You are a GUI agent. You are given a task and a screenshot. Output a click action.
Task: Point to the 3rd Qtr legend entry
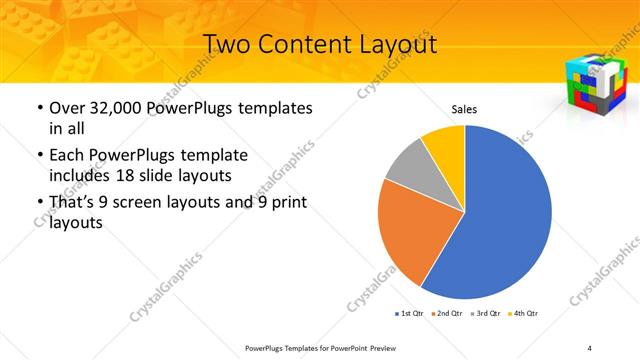click(x=488, y=313)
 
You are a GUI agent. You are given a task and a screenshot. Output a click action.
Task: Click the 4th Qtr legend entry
click(x=526, y=313)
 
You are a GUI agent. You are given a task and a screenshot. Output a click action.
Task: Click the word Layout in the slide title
click(x=391, y=45)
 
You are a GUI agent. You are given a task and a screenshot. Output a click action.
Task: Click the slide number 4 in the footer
click(x=590, y=347)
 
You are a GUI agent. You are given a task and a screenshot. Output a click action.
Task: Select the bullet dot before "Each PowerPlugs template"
click(x=38, y=156)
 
